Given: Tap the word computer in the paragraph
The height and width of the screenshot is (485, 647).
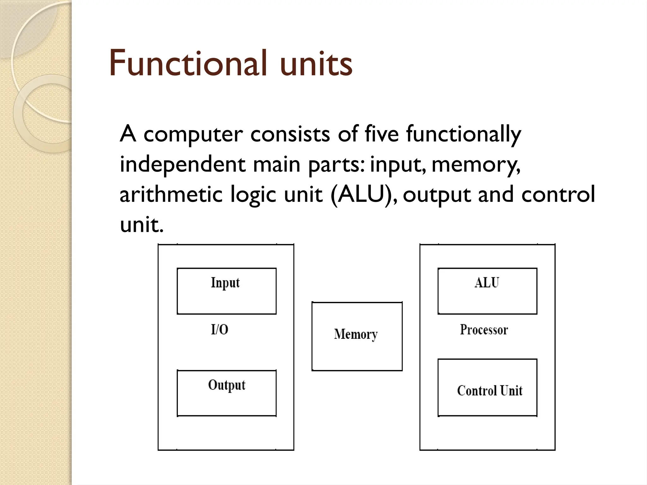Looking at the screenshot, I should (x=193, y=134).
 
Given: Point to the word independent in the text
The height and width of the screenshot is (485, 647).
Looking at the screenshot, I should (x=183, y=165).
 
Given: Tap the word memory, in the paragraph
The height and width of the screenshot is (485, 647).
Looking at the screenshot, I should (x=475, y=165).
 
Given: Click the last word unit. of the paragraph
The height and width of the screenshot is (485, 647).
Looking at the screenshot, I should (x=142, y=225).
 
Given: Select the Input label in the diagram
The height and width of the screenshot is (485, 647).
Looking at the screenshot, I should (x=225, y=283).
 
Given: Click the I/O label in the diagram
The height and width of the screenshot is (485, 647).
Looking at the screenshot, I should (x=220, y=330).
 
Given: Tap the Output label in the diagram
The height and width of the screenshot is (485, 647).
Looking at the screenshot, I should (x=227, y=385).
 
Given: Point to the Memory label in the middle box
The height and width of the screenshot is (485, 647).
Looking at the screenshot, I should (x=356, y=334).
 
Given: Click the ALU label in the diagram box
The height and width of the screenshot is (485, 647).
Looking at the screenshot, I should (x=487, y=282).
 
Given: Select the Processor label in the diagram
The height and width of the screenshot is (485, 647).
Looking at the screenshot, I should (x=484, y=330).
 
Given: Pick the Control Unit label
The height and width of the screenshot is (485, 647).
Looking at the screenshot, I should (x=490, y=391).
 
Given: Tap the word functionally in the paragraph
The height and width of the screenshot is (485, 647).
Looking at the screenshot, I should (x=463, y=134).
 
